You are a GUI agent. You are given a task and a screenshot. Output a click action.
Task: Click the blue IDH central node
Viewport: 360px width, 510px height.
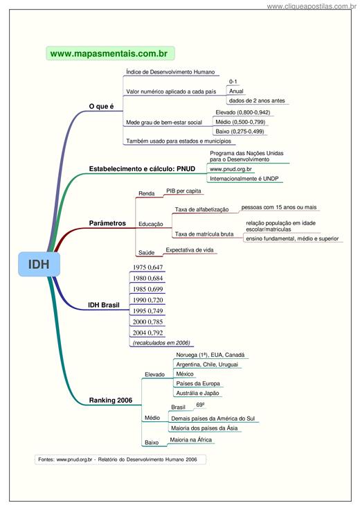coord(39,264)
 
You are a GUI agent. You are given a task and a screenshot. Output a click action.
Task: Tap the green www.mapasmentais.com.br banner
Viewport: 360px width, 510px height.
coord(110,53)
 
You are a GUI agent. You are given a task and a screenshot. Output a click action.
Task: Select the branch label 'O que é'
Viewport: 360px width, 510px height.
coord(101,106)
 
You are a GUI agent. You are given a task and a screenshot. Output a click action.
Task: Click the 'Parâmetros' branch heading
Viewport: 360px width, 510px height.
coord(107,223)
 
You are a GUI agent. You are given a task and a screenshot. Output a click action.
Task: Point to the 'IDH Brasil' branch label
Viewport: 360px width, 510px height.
coord(104,305)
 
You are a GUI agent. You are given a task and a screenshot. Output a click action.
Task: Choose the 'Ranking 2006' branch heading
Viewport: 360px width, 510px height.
coord(111,400)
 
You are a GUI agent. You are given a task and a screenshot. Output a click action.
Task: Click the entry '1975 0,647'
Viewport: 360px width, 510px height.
coord(147,267)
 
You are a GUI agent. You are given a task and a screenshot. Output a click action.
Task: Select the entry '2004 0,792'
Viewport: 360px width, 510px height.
coord(147,333)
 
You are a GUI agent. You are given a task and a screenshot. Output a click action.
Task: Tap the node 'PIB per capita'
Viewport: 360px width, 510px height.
coord(183,191)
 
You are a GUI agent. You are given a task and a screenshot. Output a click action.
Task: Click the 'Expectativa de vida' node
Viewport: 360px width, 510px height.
coord(190,249)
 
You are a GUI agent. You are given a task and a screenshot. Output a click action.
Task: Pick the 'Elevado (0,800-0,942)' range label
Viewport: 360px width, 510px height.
coord(243,112)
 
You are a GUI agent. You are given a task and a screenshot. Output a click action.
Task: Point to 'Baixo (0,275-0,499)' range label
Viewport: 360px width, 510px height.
coord(240,132)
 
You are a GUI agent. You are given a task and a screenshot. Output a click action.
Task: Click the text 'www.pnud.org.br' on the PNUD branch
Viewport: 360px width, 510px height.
coord(231,169)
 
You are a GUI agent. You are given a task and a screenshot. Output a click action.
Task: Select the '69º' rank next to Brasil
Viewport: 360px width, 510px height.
coord(201,405)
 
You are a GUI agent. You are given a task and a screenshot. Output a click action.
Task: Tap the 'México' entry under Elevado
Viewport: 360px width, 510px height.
coord(185,374)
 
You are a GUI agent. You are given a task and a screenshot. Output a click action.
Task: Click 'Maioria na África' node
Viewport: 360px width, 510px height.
coord(190,440)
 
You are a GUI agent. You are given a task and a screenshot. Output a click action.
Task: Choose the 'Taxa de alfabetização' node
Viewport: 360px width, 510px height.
coord(201,209)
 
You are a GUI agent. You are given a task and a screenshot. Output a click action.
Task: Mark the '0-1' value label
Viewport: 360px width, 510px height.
coord(233,82)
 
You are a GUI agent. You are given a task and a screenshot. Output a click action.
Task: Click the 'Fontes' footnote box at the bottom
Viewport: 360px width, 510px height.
coord(120,459)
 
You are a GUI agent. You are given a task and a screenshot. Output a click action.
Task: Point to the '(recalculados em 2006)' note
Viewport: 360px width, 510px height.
coord(161,343)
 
